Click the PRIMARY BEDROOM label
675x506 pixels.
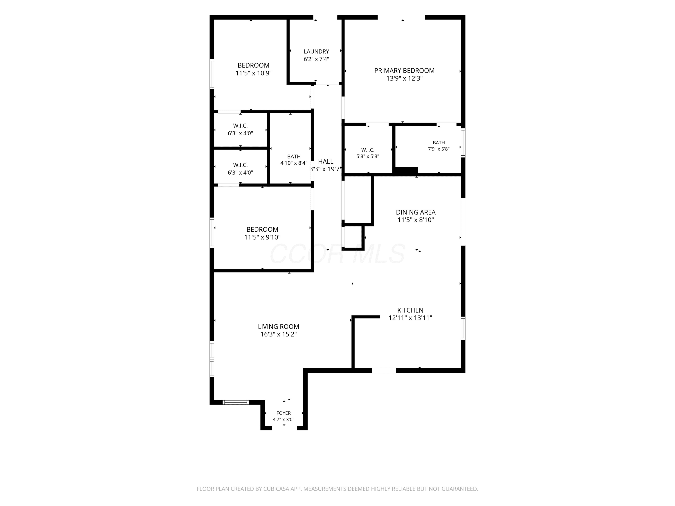(404, 70)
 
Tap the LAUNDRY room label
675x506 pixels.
(316, 51)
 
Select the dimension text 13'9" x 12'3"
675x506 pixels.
(404, 78)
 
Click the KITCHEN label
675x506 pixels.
(410, 310)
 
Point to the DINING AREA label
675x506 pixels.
(416, 212)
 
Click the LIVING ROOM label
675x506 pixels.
(279, 327)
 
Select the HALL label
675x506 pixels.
(326, 162)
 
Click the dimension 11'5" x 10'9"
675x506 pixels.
(254, 73)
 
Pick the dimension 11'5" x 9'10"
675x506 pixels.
(262, 237)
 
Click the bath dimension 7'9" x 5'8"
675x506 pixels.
(439, 149)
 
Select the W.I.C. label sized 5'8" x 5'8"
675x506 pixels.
(368, 150)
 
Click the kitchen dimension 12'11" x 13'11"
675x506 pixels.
(410, 318)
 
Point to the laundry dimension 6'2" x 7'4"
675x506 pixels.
(316, 59)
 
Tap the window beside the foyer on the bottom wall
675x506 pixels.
(236, 402)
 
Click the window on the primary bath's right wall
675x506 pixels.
(463, 143)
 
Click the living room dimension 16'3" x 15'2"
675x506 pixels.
(279, 334)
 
